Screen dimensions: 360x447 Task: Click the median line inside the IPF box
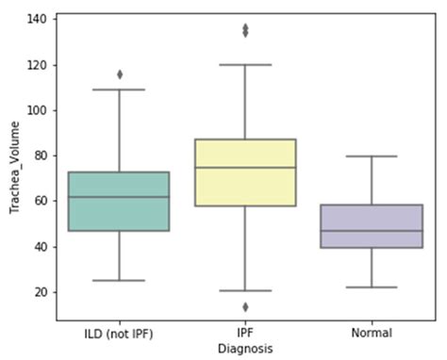245,168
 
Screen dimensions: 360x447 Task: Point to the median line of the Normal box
372,231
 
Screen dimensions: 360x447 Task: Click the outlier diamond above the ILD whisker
120,74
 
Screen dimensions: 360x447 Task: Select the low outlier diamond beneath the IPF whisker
245,306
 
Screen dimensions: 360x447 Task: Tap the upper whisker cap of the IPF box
245,65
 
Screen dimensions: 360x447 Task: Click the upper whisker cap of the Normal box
372,156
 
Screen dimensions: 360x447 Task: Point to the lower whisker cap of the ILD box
119,281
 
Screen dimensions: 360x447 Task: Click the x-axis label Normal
372,333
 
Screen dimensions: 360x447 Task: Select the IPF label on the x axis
245,333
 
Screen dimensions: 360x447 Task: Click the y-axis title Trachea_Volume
14,167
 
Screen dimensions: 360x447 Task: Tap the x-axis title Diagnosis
245,348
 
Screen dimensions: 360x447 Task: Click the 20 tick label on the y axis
41,292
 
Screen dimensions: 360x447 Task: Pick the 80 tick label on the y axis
41,155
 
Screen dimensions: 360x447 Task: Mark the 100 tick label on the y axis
39,110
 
